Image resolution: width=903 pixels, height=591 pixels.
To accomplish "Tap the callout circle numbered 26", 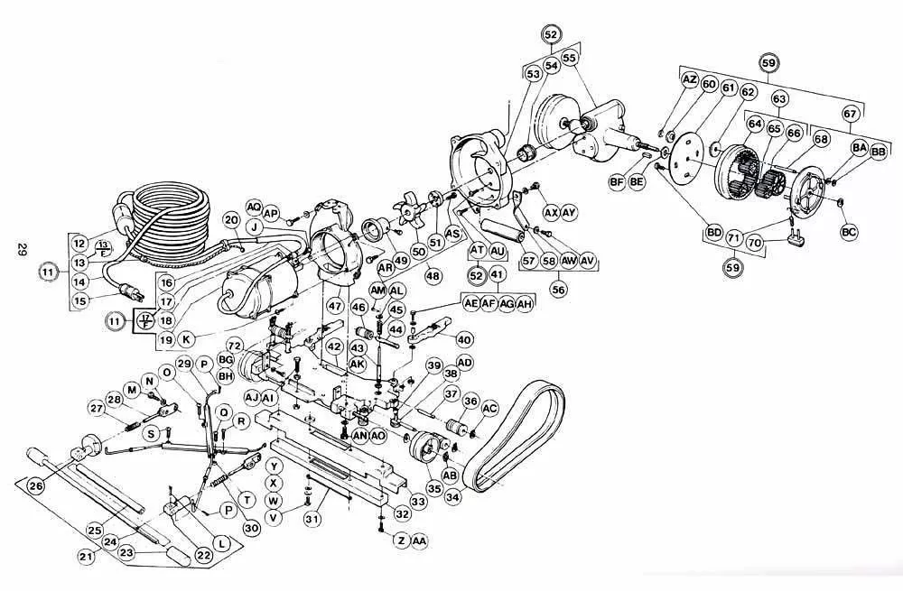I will click(36, 485).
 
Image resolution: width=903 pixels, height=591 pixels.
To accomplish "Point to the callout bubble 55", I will click(569, 58).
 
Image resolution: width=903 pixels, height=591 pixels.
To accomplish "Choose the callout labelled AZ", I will click(690, 81).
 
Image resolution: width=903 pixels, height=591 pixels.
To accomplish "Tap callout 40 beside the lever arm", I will click(464, 339).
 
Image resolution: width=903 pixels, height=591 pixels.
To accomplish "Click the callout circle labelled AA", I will click(419, 540).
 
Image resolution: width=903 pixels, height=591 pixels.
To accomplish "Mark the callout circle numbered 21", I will click(87, 557).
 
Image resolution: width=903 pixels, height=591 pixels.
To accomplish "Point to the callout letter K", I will click(186, 339).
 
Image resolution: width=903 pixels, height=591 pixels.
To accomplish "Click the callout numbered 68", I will click(821, 139).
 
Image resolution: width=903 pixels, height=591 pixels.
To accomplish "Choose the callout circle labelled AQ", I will click(254, 206).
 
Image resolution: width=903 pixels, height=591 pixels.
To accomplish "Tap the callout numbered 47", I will click(335, 306).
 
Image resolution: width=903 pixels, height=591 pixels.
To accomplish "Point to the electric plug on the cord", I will click(130, 291).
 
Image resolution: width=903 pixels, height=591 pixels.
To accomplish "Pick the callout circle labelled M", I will click(131, 389).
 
